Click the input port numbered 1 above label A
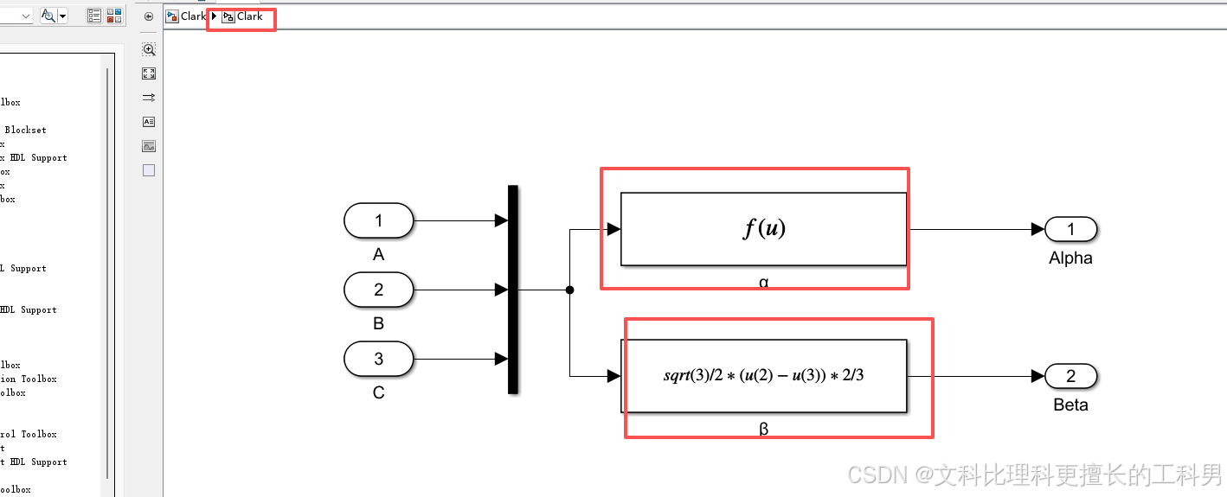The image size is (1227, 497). pos(378,221)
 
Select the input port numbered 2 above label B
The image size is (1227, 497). pos(378,290)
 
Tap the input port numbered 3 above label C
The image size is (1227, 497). pos(378,359)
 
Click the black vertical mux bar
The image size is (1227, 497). pos(512,290)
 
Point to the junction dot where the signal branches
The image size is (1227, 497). pos(569,290)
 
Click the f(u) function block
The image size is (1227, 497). pos(763,229)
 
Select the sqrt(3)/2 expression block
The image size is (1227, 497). pos(763,376)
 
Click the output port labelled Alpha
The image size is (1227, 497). pos(1071,229)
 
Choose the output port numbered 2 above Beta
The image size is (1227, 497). pos(1071,376)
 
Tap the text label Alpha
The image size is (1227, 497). pos(1070,258)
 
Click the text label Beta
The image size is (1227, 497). pos(1070,405)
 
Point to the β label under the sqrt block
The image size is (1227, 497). pos(763,429)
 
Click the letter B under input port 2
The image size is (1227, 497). pos(378,324)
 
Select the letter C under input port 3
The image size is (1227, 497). pos(378,392)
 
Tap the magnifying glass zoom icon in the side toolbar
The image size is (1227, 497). pos(149,50)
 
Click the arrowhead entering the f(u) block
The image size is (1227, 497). pos(613,229)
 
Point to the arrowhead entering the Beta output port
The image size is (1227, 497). pos(1038,376)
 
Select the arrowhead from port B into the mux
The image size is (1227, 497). pos(501,290)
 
